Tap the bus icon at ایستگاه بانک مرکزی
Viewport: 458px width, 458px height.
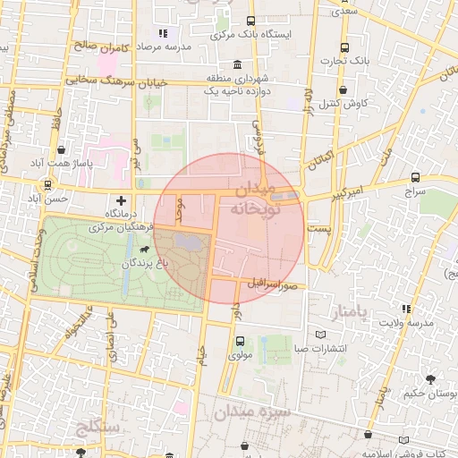click(x=250, y=21)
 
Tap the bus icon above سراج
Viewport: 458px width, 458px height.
click(x=415, y=178)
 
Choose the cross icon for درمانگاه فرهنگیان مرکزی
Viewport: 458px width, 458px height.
click(x=122, y=200)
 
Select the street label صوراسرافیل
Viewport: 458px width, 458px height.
click(x=273, y=283)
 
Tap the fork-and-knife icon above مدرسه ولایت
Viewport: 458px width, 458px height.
click(x=407, y=309)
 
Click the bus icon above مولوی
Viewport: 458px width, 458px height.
click(x=239, y=341)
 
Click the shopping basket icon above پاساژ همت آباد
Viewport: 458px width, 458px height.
click(x=60, y=150)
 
